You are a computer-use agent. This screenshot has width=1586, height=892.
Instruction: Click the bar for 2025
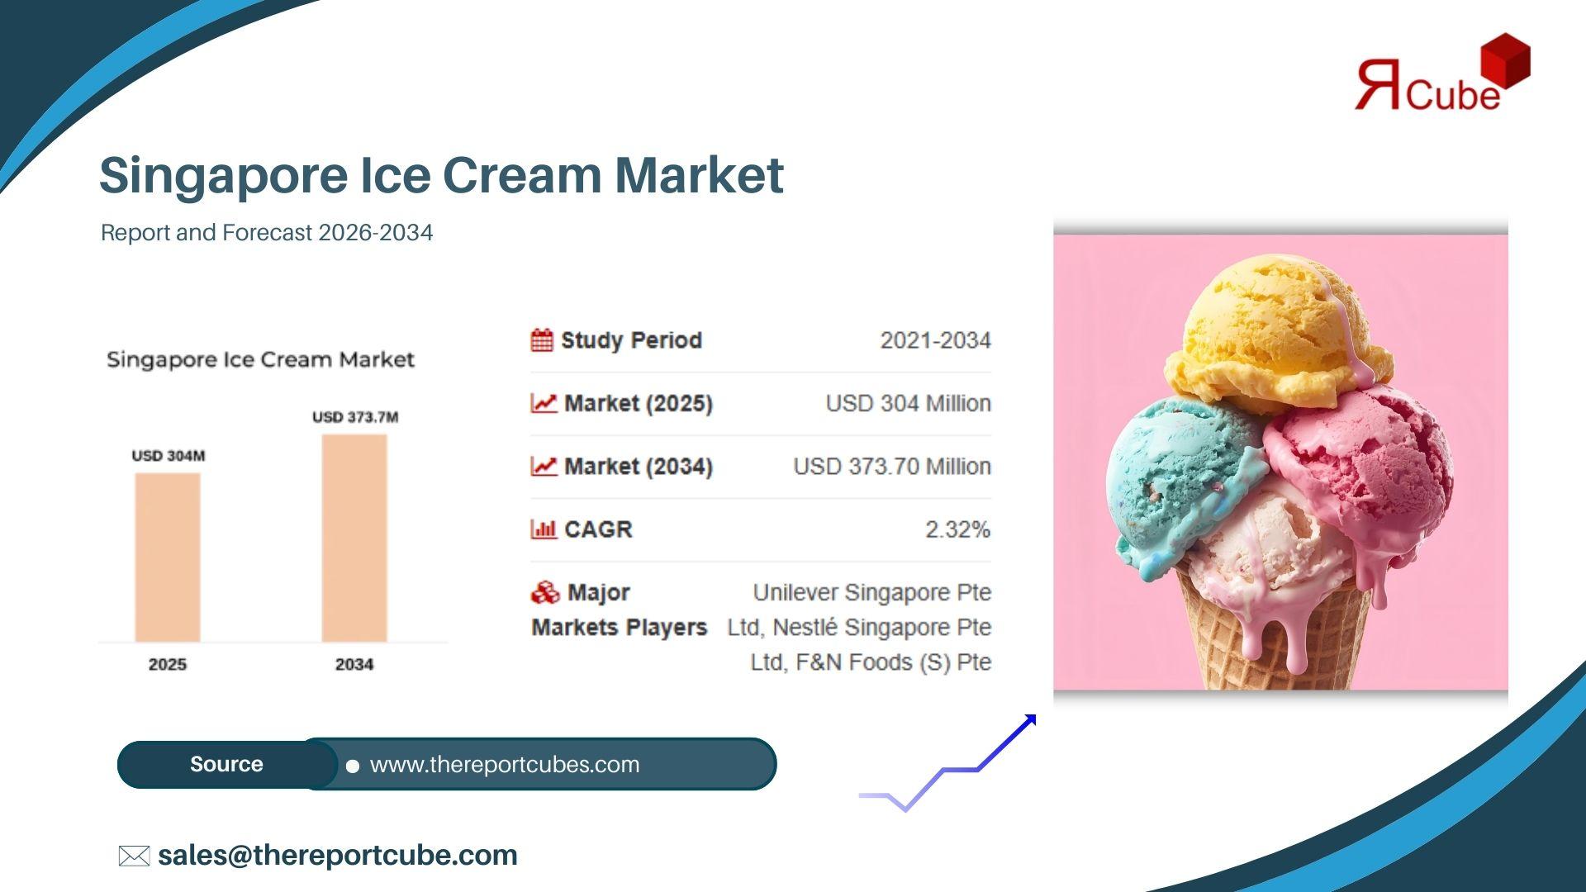pos(168,557)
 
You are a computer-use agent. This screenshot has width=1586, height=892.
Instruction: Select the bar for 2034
pos(354,539)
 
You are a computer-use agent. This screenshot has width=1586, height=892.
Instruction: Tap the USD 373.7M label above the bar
pos(355,417)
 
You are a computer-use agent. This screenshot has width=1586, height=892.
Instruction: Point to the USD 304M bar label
pos(169,456)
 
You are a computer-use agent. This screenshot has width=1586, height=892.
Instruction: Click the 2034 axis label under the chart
pos(354,664)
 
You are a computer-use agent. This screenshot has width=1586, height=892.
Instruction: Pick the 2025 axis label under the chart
pos(168,664)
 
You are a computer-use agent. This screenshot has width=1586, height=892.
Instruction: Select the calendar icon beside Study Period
pos(542,340)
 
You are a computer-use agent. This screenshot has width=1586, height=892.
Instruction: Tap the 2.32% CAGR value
pos(957,529)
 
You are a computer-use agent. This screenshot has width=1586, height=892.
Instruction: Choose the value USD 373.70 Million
pos(892,467)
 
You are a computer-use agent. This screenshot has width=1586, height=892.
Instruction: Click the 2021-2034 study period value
pos(935,340)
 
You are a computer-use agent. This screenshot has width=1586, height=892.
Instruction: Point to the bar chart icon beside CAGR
pos(544,529)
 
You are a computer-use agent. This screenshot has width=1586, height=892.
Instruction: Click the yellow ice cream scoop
pos(1278,334)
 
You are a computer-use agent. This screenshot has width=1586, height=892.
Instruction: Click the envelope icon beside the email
pos(134,856)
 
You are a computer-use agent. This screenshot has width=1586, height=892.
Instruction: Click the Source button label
pos(226,764)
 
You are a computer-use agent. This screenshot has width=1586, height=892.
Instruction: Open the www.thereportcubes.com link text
pos(505,765)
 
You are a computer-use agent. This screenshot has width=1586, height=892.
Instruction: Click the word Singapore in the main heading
pos(224,177)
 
